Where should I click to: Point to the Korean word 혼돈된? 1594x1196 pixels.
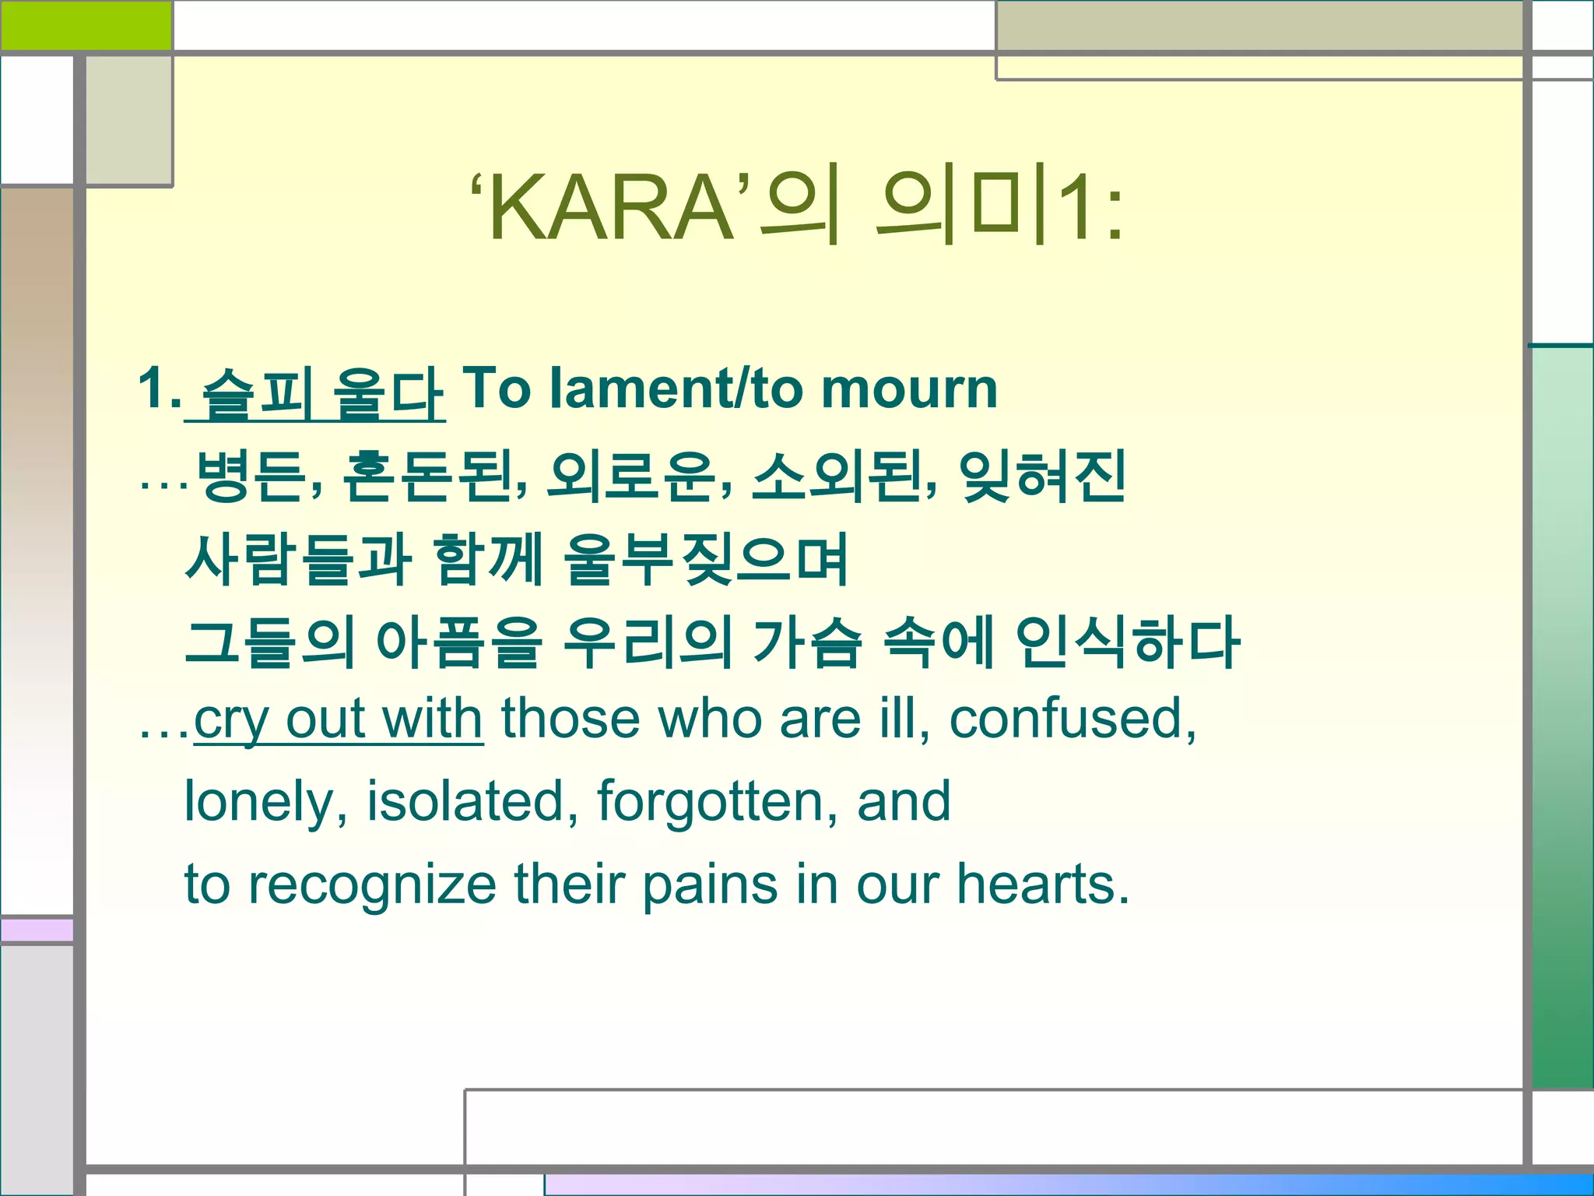coord(428,476)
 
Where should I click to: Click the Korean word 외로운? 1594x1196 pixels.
coord(631,476)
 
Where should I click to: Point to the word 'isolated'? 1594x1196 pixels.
coord(465,800)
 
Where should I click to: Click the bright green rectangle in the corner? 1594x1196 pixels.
coord(86,25)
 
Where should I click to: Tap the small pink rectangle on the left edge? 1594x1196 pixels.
coord(37,930)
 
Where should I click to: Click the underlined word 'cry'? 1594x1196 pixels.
coord(230,719)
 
